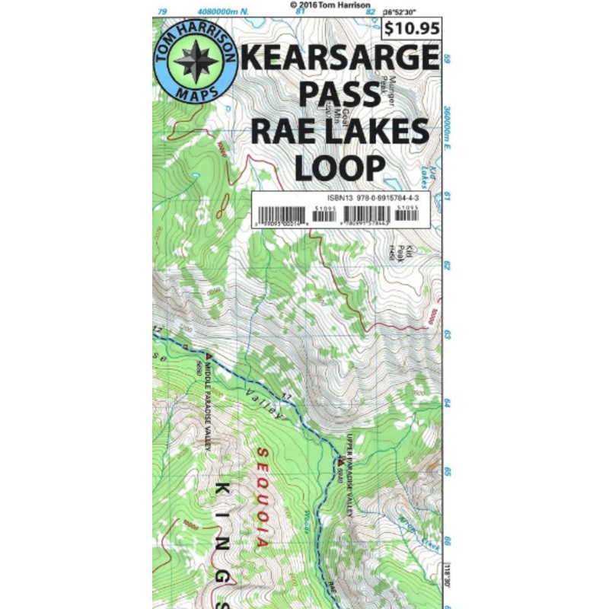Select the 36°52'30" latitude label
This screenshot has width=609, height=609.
click(411, 11)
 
